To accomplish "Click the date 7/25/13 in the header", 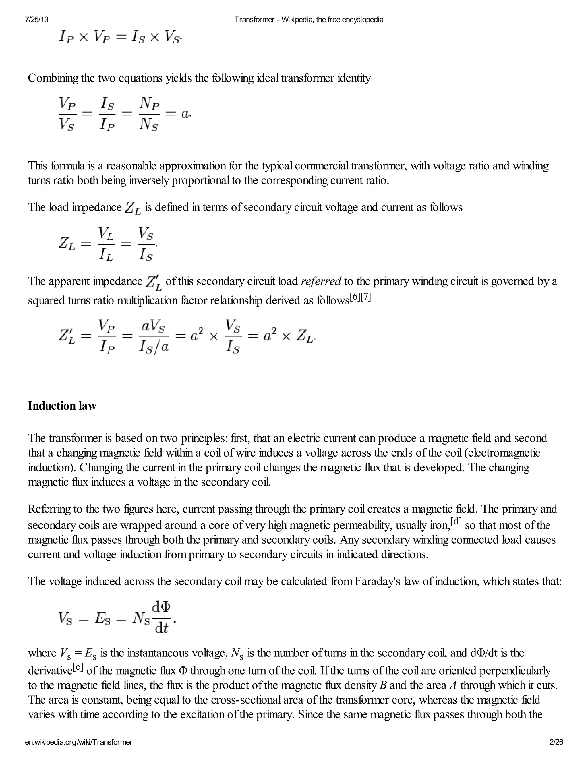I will coord(36,20).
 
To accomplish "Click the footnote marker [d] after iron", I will coord(456,522).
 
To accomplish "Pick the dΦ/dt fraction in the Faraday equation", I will coord(162,617).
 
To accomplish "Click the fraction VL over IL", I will coord(106,244).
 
